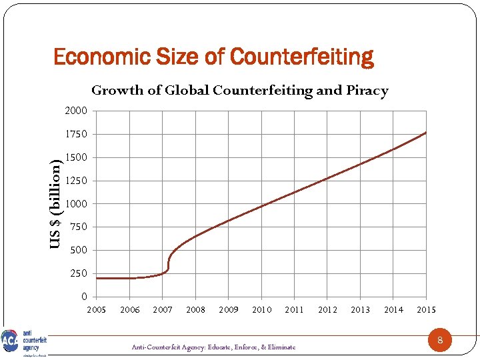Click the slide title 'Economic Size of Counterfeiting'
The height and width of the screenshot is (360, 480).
click(213, 57)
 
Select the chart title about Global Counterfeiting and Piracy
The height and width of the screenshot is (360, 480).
click(239, 91)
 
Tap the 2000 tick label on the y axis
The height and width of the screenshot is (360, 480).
click(75, 111)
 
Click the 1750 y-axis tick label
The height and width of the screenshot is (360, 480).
click(75, 134)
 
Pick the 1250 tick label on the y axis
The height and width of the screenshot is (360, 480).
click(75, 181)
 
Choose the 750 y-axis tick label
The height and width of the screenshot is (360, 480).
click(78, 227)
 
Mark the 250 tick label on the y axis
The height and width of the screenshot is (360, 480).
click(78, 274)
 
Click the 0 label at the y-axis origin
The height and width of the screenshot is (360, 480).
click(84, 297)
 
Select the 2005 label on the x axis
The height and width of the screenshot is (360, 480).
click(97, 310)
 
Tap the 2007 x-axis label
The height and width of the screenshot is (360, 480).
click(163, 310)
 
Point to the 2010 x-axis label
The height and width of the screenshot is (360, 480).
click(262, 310)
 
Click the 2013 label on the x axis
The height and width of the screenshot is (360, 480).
click(361, 310)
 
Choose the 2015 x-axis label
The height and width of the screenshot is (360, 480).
click(427, 310)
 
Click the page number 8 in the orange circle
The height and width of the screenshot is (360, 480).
click(439, 341)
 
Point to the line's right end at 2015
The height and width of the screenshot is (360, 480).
click(425, 133)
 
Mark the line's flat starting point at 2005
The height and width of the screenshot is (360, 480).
click(97, 278)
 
